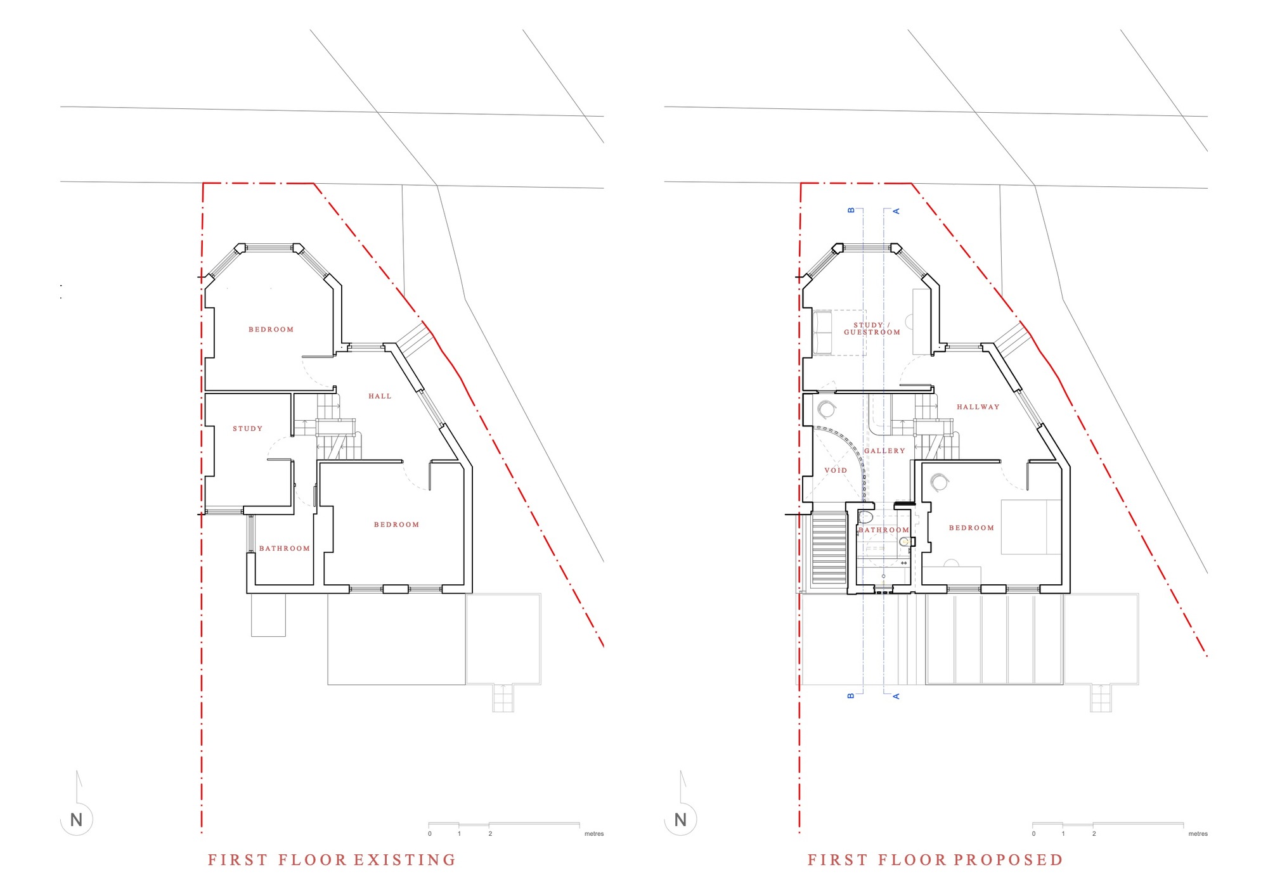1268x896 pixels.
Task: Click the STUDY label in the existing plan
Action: pyautogui.click(x=247, y=429)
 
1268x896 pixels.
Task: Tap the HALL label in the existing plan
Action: pyautogui.click(x=380, y=397)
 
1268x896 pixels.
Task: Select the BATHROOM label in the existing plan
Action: pyautogui.click(x=285, y=549)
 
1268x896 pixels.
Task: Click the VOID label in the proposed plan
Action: pyautogui.click(x=836, y=471)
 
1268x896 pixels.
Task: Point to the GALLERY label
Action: pyautogui.click(x=884, y=451)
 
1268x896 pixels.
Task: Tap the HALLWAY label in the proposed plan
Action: pyautogui.click(x=978, y=407)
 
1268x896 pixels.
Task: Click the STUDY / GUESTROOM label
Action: pyautogui.click(x=872, y=329)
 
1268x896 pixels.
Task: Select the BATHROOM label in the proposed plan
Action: pyautogui.click(x=883, y=530)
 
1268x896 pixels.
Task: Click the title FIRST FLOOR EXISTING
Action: pyautogui.click(x=332, y=860)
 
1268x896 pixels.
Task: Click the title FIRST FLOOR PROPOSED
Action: pyautogui.click(x=935, y=860)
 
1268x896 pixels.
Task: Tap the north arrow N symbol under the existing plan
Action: pyautogui.click(x=77, y=820)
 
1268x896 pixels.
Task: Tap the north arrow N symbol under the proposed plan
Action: pyautogui.click(x=681, y=820)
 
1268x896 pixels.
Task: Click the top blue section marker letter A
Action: pyautogui.click(x=896, y=211)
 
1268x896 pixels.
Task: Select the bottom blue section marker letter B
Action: pyautogui.click(x=851, y=696)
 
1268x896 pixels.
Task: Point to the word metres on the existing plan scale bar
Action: pyautogui.click(x=594, y=834)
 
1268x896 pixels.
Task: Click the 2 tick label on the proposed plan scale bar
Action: pyautogui.click(x=1094, y=834)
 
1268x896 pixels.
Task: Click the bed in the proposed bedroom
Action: pyautogui.click(x=1030, y=527)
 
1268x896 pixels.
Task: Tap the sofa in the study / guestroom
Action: pyautogui.click(x=822, y=333)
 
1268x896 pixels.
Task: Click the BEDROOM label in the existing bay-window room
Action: pyautogui.click(x=271, y=330)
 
